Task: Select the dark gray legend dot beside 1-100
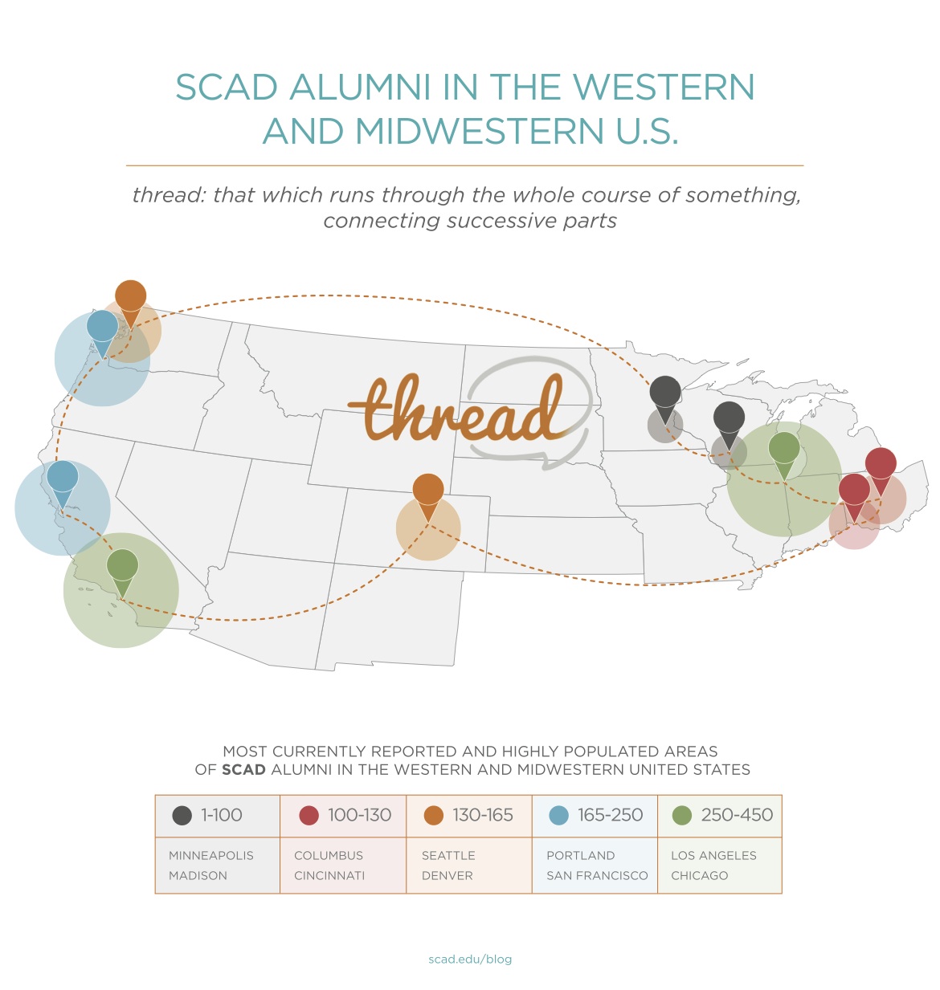click(x=182, y=815)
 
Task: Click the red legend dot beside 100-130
click(x=309, y=815)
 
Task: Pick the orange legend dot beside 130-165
click(x=434, y=815)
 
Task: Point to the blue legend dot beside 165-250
click(x=558, y=815)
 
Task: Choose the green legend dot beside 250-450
click(x=682, y=815)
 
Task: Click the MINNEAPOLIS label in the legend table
click(x=210, y=856)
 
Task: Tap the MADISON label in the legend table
click(x=198, y=876)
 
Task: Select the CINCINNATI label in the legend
click(x=329, y=876)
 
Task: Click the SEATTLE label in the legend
click(x=448, y=856)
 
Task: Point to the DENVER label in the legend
click(x=447, y=876)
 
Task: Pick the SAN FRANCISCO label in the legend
click(x=597, y=876)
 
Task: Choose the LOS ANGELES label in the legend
click(x=713, y=856)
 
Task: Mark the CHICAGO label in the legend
click(x=699, y=876)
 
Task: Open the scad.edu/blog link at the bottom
click(x=470, y=959)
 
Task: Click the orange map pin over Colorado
click(x=428, y=491)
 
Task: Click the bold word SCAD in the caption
click(x=243, y=770)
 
